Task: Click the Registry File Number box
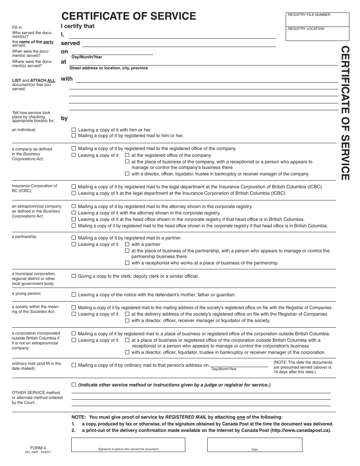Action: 317,19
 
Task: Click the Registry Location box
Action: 317,33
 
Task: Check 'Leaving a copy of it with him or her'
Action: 74,130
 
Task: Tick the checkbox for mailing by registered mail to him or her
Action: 74,136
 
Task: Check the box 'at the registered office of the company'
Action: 127,155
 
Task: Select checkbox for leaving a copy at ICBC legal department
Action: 74,193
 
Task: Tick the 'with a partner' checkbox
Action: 127,244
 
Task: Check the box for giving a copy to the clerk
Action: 74,276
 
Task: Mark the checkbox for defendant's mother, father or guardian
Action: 74,295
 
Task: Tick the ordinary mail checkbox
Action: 74,365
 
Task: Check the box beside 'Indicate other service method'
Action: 74,385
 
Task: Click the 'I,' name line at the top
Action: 172,35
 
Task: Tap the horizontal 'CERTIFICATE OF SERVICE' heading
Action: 129,16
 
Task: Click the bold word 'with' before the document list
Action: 67,79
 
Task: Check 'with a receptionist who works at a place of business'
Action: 127,263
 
